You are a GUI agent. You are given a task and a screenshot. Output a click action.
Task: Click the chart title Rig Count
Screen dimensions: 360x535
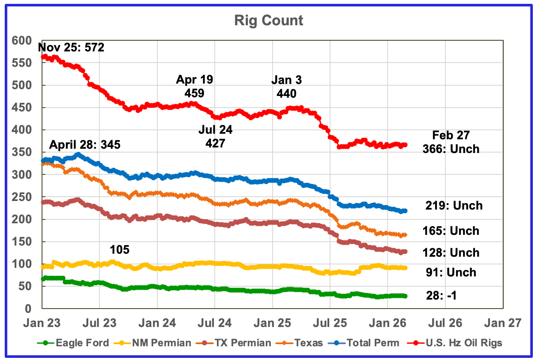269,21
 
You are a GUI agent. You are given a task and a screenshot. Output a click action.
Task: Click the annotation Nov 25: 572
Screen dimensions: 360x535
71,47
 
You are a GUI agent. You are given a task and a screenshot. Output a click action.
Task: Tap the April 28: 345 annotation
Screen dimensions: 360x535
85,144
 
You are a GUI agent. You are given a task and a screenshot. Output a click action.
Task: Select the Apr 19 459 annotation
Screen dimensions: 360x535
195,86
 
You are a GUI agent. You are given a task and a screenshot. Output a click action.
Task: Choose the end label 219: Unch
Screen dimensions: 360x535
454,206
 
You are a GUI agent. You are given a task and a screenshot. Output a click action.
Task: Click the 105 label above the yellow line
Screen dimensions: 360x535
120,249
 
